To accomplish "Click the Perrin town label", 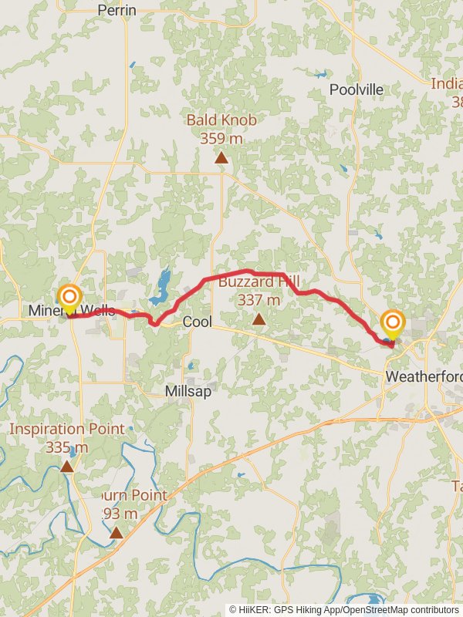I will pos(117,11).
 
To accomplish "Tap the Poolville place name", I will pos(356,89).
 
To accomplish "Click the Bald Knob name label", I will pos(221,120).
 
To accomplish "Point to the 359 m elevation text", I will pos(221,138).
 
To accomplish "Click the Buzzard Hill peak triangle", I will pos(259,319).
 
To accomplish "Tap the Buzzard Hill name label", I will pos(259,282).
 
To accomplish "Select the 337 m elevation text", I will pos(259,300).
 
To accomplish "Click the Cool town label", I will pos(197,322).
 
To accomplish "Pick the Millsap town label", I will pos(188,391).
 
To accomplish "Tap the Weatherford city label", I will pos(424,376).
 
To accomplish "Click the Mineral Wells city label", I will pos(72,311).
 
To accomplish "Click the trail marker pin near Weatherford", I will pos(393,323).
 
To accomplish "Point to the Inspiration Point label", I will pos(66,429).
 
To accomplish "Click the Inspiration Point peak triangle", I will pos(67,467).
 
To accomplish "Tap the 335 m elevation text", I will pos(66,447).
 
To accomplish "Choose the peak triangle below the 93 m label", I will pos(116,532).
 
